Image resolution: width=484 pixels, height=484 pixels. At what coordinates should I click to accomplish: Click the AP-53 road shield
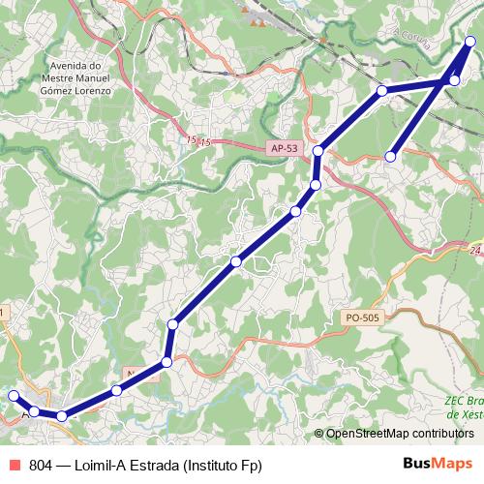coord(284,148)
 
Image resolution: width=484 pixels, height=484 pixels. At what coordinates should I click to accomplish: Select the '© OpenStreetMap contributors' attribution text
coord(400,434)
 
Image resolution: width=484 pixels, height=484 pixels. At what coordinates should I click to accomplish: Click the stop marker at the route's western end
coord(14,395)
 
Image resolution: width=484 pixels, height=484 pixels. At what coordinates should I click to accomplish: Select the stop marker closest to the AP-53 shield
coord(318,151)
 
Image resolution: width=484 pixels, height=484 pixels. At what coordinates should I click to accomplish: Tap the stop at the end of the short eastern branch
coord(391,156)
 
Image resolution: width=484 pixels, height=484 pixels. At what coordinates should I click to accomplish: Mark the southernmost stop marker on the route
coord(61,416)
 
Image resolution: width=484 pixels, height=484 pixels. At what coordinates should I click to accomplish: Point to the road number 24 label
coord(474,251)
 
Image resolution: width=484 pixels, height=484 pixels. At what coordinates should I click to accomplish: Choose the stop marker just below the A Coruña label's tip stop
coord(455,80)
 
